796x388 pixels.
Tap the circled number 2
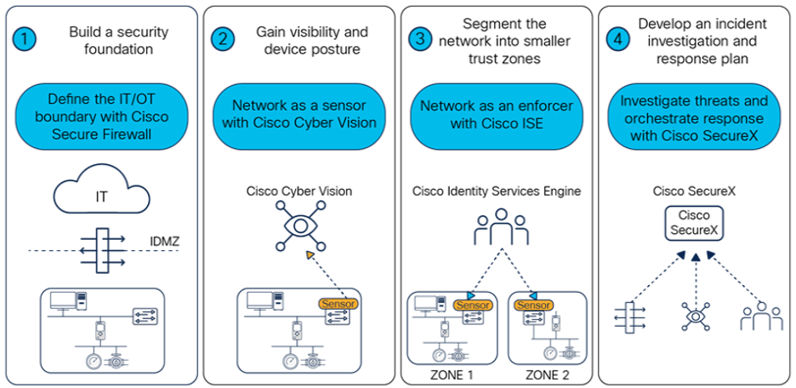click(x=224, y=39)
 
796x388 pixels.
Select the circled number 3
click(x=420, y=39)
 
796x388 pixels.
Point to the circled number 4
click(x=617, y=39)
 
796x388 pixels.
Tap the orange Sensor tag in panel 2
click(x=338, y=303)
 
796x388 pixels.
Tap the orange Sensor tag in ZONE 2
click(x=530, y=304)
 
